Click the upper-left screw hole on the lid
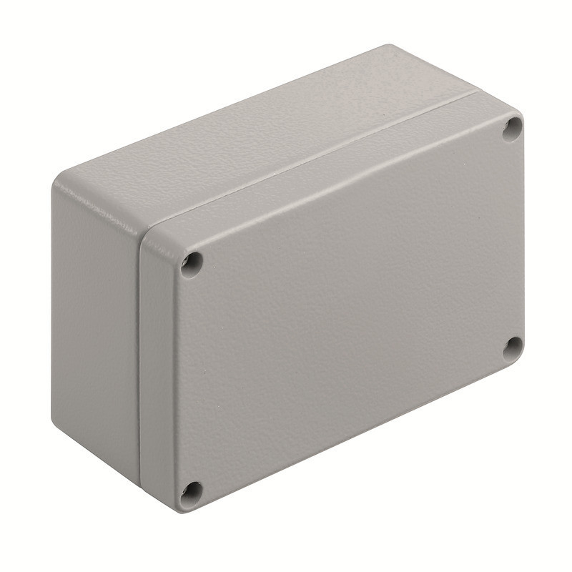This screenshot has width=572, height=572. click(191, 264)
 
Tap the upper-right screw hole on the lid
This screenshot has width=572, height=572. click(512, 129)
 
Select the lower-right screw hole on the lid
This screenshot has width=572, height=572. click(512, 348)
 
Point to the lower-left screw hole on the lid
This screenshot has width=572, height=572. click(190, 491)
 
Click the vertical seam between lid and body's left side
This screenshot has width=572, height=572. click(139, 357)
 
